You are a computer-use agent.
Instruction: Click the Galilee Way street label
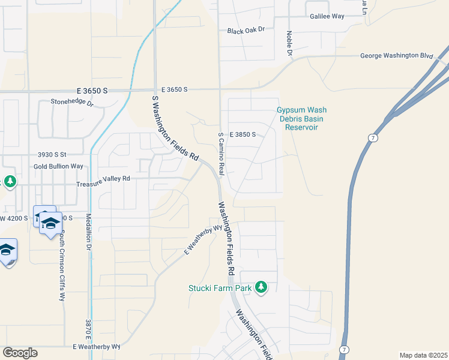(327, 16)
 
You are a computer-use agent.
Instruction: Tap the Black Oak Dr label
(246, 31)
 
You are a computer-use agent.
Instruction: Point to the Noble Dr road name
(289, 44)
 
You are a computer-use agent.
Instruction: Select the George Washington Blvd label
(396, 56)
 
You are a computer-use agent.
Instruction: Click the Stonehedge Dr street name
(72, 103)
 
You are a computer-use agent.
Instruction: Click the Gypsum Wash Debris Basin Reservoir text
(301, 118)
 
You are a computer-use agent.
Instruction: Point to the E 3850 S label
(243, 134)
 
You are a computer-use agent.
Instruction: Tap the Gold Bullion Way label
(58, 166)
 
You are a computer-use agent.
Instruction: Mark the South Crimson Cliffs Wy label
(61, 266)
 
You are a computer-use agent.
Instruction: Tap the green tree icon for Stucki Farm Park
(261, 287)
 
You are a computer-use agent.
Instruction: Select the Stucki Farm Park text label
(220, 288)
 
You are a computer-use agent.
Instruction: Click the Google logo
(20, 353)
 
